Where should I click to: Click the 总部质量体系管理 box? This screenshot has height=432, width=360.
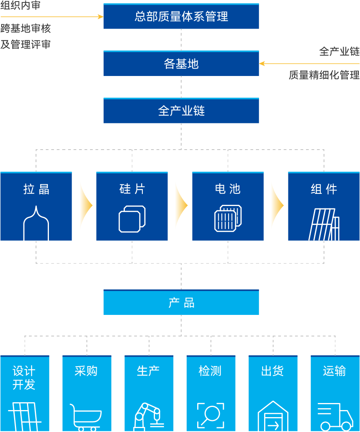pos(181,16)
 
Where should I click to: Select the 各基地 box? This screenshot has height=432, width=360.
pos(181,63)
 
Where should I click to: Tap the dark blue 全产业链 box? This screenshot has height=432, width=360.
pos(181,111)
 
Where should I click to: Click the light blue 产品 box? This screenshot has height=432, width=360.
pos(181,303)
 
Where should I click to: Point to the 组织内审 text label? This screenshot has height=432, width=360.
pos(20,5)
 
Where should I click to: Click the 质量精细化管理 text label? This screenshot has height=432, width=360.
pos(324,75)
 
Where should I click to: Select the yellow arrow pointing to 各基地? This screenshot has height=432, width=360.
pos(309,63)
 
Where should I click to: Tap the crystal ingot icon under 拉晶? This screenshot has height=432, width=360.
pos(36,224)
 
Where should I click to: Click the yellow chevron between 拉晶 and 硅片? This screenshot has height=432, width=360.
pos(85,206)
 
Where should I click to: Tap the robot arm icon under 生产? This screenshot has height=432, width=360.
pos(148,417)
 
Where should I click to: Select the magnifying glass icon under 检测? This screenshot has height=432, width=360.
pos(211,416)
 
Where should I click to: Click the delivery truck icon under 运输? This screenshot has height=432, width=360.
pos(335,417)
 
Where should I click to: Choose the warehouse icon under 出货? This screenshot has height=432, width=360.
pos(273,417)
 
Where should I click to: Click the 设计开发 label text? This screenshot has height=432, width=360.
pos(24,378)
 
